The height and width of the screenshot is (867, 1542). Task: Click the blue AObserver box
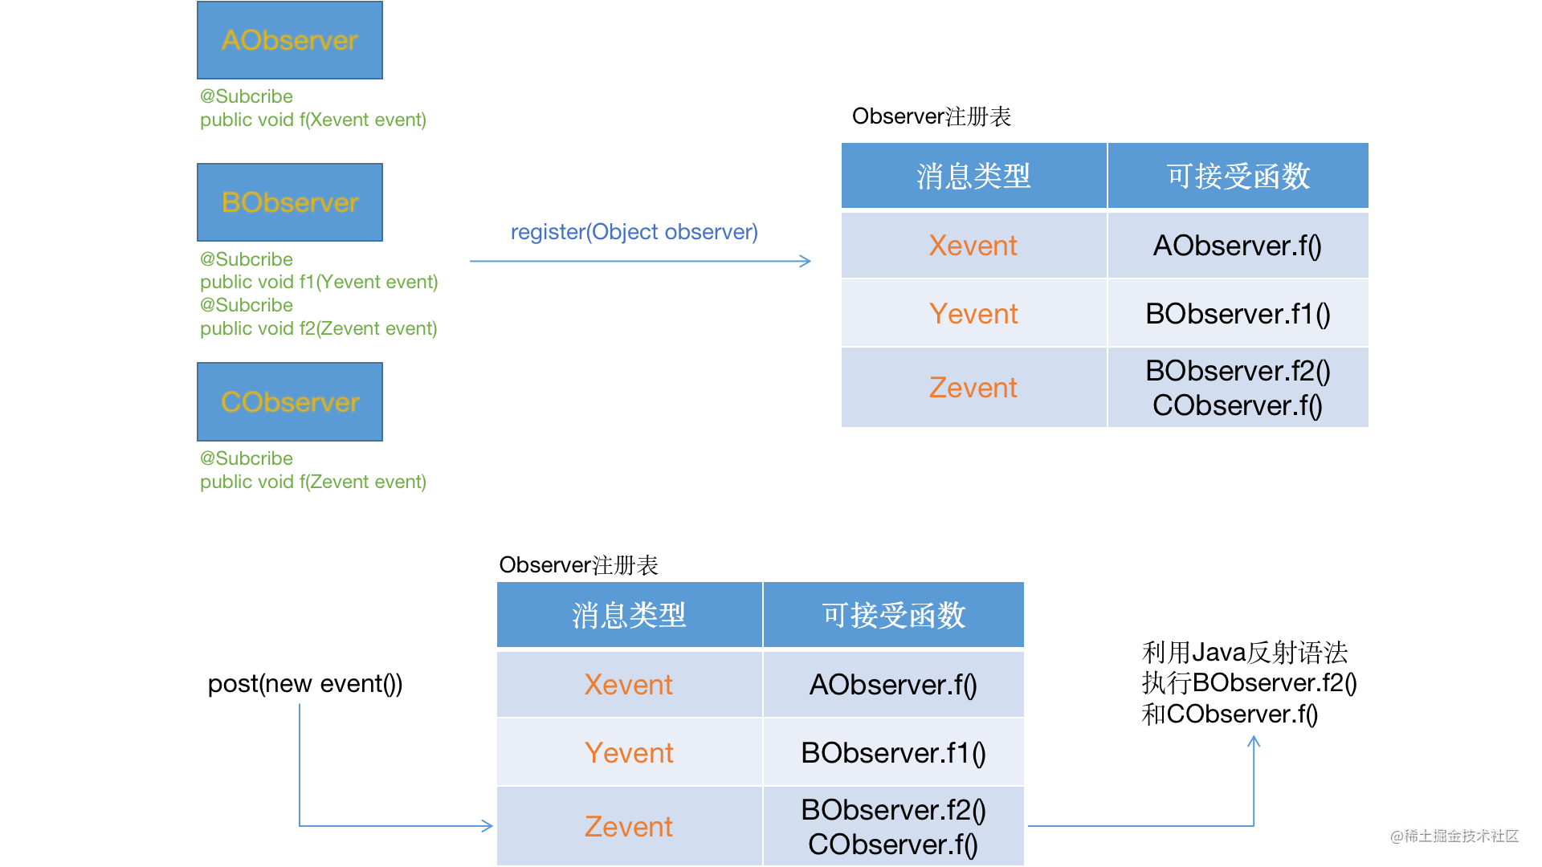coord(290,40)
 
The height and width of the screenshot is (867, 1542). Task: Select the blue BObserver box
coord(290,202)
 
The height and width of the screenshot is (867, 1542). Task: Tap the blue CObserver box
coord(290,401)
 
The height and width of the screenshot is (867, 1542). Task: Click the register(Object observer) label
coord(634,232)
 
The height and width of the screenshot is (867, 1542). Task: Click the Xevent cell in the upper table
coord(973,246)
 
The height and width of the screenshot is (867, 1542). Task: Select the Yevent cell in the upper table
coord(973,314)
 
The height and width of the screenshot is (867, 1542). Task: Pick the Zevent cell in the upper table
coord(973,388)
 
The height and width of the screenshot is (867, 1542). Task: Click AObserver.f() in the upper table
coord(1238,246)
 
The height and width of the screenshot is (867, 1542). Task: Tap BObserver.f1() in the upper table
coord(1238,314)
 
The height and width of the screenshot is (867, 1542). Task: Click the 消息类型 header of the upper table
coord(973,176)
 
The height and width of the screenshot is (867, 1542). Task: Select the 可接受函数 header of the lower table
coord(893,615)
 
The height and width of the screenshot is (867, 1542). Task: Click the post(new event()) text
coord(305,684)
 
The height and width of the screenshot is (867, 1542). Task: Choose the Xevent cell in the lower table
coord(629,685)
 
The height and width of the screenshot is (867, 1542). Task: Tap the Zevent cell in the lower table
coord(629,827)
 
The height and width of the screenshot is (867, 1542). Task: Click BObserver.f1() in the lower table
coord(893,753)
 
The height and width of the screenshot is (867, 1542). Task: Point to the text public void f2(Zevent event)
coord(319,328)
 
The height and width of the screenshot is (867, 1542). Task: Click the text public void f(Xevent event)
coord(313,120)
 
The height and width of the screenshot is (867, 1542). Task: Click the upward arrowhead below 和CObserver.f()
coord(1254,741)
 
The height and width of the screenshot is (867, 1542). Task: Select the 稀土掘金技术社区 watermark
coord(1454,836)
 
